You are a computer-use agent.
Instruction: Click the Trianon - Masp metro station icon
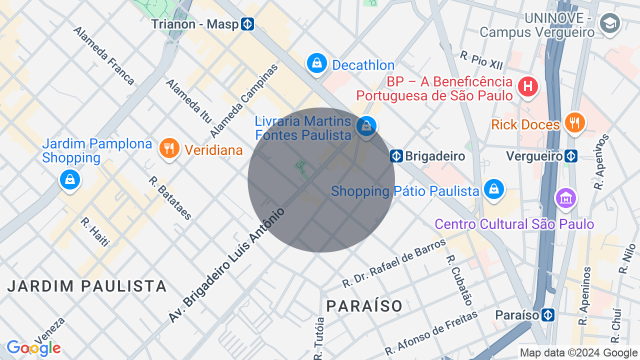(247, 24)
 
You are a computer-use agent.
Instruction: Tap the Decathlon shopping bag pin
(316, 63)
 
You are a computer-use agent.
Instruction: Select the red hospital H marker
(527, 86)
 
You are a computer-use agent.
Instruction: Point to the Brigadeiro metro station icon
(396, 156)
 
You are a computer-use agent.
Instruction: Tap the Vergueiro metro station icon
(570, 156)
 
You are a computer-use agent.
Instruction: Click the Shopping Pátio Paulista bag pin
(494, 189)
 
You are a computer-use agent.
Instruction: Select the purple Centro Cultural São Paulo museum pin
(566, 198)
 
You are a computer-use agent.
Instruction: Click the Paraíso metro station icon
(548, 315)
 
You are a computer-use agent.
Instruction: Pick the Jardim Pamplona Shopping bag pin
(69, 179)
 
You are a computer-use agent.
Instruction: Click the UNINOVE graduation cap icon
(610, 23)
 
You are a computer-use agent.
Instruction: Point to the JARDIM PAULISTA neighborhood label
(87, 286)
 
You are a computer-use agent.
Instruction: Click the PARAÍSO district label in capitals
(364, 305)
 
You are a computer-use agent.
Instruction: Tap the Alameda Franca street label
(104, 55)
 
